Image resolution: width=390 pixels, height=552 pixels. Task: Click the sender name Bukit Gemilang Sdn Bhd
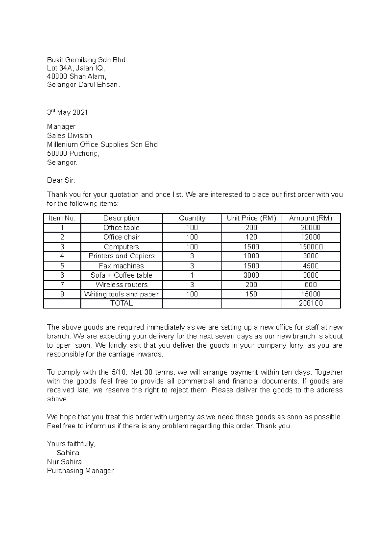[86, 60]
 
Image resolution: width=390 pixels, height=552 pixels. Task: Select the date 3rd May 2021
[68, 112]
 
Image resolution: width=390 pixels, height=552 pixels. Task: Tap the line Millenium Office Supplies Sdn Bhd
[102, 144]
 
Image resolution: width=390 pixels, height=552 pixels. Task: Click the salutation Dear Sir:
[61, 180]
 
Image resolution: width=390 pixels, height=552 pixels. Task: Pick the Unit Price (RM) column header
[251, 218]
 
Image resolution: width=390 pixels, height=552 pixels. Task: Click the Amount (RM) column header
[311, 218]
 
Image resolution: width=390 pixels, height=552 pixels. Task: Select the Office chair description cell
[122, 237]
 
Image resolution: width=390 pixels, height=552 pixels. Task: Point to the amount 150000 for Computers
[311, 247]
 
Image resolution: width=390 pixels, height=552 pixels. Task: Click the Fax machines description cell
[122, 266]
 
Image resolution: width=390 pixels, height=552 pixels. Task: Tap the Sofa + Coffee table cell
[122, 275]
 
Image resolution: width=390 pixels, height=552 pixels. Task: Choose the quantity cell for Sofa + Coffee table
[192, 275]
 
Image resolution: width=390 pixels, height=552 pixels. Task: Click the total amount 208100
[311, 303]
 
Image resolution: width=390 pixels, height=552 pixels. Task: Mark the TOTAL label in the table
[122, 303]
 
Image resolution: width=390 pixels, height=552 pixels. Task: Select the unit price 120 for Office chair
[251, 237]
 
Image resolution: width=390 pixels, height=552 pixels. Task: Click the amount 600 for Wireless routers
[311, 284]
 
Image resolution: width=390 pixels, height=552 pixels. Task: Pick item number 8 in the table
[62, 294]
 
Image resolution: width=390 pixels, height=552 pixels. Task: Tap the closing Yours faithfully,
[71, 444]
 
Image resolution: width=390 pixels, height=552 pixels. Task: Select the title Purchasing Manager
[80, 471]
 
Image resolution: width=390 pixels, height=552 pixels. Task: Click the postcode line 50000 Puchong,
[73, 153]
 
